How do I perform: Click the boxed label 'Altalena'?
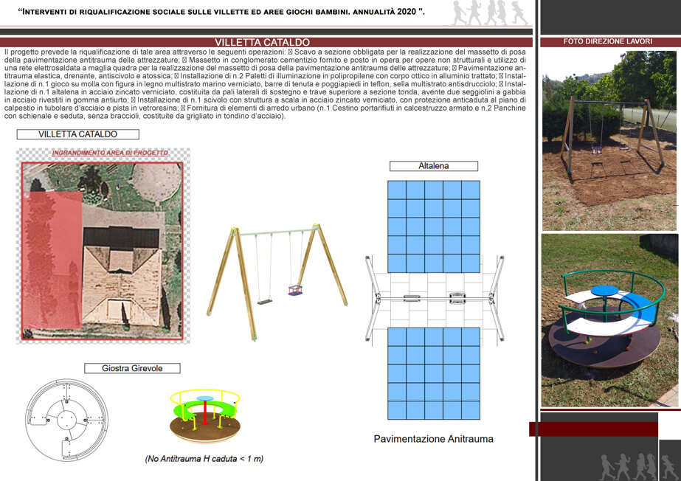click(433, 166)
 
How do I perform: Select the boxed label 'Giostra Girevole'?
click(132, 368)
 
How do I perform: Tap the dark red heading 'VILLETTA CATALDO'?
click(262, 42)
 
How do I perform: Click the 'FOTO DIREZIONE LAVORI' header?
click(608, 41)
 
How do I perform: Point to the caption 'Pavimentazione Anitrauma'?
click(433, 439)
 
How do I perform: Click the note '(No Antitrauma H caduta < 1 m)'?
click(204, 459)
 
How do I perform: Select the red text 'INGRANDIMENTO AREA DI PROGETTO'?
click(110, 153)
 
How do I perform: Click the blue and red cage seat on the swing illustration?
click(295, 290)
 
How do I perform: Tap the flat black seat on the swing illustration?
click(264, 300)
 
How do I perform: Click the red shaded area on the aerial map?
click(52, 260)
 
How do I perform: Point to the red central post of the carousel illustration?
click(205, 412)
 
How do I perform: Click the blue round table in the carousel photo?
click(604, 291)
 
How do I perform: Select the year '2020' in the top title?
click(406, 12)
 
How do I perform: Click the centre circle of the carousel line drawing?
click(67, 420)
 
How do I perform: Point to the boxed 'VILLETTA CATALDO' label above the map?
click(77, 134)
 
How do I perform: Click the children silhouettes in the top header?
click(489, 13)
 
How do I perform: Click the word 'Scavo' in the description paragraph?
click(305, 52)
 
